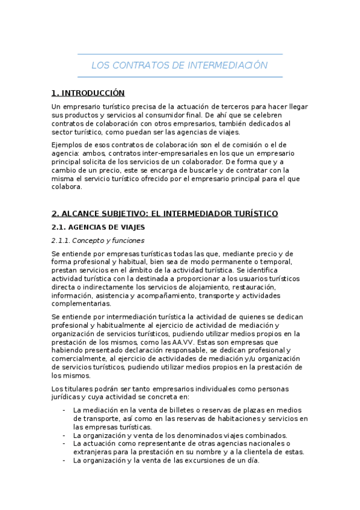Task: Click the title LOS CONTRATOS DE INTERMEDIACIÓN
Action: (179, 65)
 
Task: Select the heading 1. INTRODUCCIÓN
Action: (88, 93)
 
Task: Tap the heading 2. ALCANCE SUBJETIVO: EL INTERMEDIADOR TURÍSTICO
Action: (165, 214)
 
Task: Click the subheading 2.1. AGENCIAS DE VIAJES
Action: (98, 227)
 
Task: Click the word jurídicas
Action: (66, 397)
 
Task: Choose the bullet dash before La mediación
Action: (64, 410)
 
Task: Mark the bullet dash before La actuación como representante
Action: (64, 443)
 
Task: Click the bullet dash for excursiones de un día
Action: (64, 460)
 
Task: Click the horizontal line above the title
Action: (180, 54)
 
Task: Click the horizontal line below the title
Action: (180, 77)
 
